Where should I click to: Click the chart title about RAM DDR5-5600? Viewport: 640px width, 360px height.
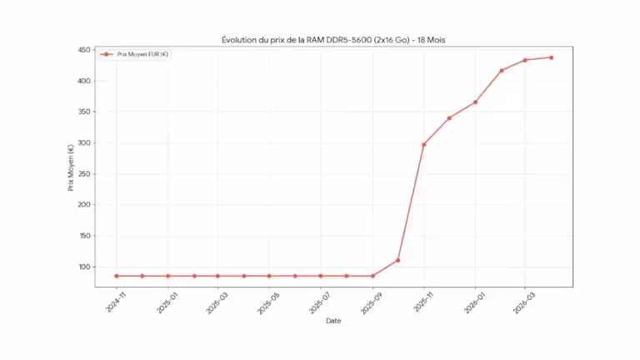point(333,40)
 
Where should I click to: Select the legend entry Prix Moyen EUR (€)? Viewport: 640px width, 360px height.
point(138,55)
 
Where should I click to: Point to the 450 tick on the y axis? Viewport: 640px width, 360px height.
point(84,50)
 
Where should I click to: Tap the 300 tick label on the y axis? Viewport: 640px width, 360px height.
point(84,143)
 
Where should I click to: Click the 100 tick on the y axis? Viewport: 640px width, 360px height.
point(84,267)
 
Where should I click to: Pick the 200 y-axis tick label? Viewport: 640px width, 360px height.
point(84,205)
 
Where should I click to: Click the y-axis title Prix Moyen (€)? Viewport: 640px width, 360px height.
point(71,167)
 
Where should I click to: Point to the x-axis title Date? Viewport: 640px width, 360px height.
point(332,320)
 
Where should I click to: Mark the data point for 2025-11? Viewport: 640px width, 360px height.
point(423,144)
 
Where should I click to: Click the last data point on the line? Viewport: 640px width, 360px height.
point(551,57)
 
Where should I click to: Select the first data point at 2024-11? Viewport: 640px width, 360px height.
point(117,276)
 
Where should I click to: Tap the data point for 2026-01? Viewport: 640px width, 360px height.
point(475,102)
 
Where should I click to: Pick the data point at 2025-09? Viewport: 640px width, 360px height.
point(372,276)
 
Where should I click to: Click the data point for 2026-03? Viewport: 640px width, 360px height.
point(525,60)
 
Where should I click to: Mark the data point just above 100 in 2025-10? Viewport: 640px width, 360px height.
point(398,260)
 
